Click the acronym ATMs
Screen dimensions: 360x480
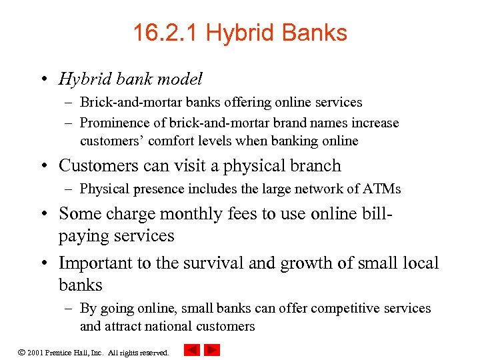click(x=383, y=189)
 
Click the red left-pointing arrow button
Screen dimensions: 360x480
click(x=192, y=350)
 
